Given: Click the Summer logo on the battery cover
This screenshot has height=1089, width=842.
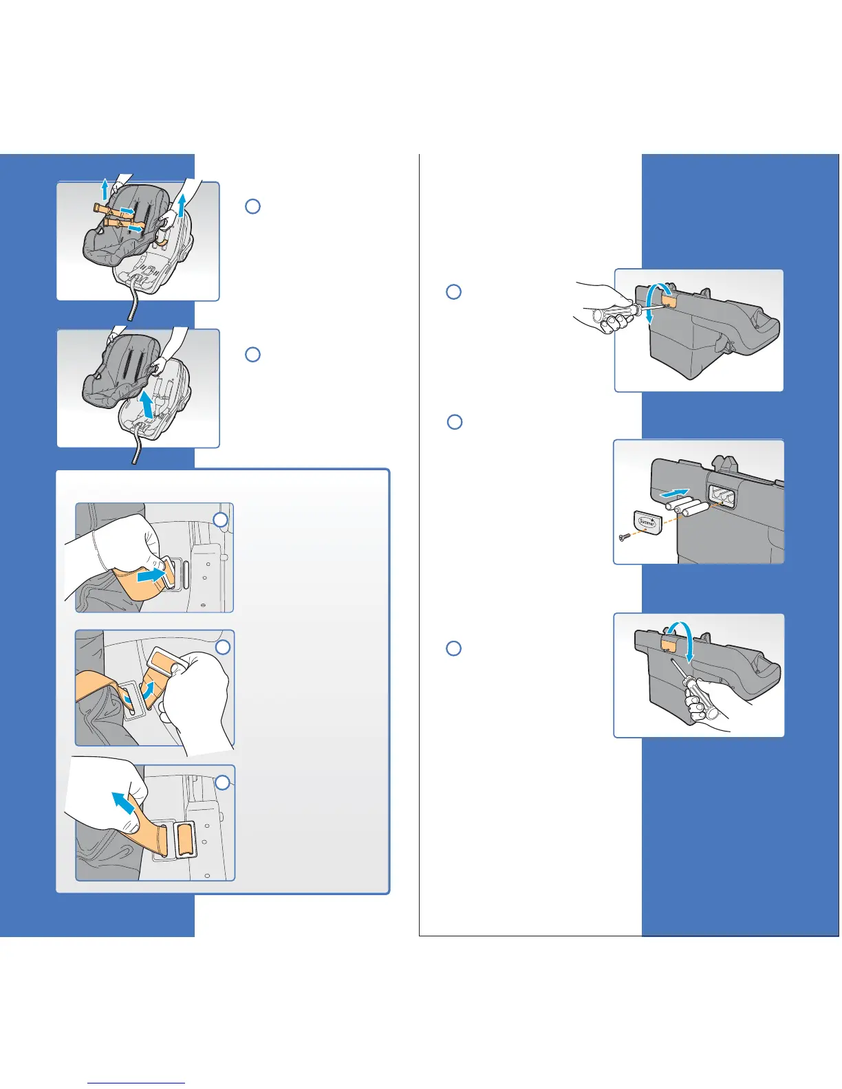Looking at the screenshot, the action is point(647,522).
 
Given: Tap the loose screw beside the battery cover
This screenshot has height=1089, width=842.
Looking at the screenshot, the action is point(623,537).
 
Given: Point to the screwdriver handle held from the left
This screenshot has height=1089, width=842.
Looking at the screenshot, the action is point(612,316).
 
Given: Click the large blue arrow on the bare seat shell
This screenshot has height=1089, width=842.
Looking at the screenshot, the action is point(147,403).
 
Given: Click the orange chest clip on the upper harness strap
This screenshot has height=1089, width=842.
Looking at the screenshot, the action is point(112,208).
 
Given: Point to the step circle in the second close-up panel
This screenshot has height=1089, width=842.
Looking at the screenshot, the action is point(222,648).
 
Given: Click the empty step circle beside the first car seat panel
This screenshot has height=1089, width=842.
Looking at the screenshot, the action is point(252,206).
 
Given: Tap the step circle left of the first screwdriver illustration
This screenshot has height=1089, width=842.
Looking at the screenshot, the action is point(453,291).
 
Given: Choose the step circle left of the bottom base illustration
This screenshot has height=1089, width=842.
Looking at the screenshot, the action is point(453,648).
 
